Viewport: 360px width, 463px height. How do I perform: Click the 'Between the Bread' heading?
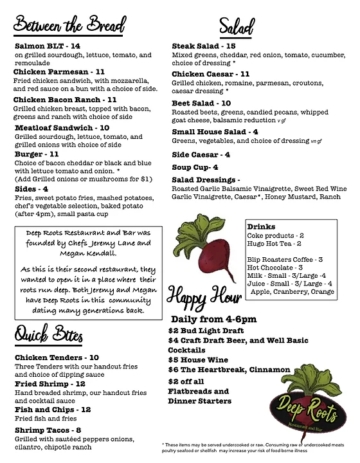[x=69, y=26]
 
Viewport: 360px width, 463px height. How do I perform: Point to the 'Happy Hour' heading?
[x=201, y=298]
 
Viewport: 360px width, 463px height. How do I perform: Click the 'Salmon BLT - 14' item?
[x=47, y=46]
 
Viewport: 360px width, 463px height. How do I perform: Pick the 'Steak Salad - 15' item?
[x=203, y=46]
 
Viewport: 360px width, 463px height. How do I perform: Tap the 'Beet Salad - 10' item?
[x=201, y=103]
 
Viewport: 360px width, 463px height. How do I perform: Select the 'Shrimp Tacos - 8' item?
[x=48, y=430]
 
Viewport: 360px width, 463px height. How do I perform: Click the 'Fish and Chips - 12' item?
[x=52, y=409]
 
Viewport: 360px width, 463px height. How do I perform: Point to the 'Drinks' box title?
[x=262, y=228]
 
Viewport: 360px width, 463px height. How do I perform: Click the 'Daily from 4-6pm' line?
[x=213, y=319]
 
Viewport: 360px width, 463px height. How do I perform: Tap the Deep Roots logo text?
[x=300, y=404]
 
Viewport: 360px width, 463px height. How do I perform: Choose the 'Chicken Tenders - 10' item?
[x=57, y=357]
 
